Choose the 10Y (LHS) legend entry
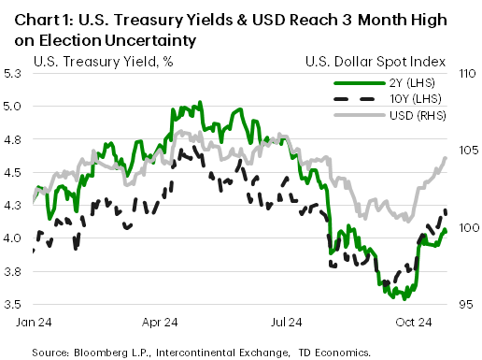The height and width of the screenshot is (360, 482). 418,100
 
